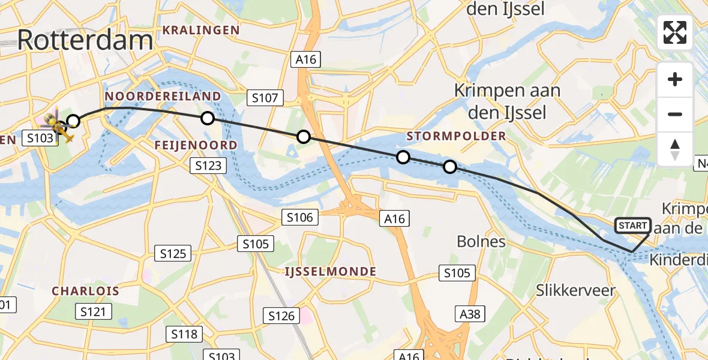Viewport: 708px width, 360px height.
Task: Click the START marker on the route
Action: (632, 226)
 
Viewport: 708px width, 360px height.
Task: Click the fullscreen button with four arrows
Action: (675, 32)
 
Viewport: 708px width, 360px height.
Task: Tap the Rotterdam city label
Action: (85, 40)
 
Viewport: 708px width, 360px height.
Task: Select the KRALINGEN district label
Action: (200, 30)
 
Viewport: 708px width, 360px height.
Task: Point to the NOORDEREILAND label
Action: (163, 97)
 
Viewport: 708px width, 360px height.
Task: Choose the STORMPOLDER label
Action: (456, 136)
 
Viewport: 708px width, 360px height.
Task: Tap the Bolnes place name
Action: (481, 242)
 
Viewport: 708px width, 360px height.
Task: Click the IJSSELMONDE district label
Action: (331, 272)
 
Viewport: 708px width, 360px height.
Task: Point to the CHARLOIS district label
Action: (85, 291)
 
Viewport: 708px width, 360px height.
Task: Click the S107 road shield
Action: (264, 98)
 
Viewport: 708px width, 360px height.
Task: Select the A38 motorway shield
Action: (470, 314)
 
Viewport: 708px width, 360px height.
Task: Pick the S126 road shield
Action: (281, 315)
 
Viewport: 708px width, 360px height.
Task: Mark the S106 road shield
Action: (299, 217)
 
